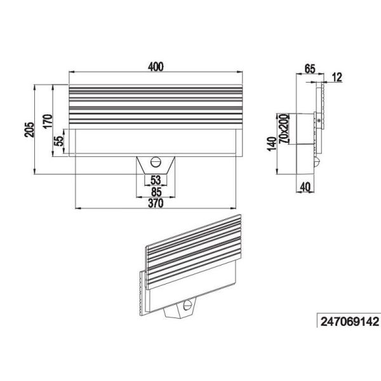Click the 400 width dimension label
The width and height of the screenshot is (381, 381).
(156, 66)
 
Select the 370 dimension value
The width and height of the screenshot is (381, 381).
(156, 203)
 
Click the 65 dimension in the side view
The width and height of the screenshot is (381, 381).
(310, 68)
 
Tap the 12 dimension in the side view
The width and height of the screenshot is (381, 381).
(337, 77)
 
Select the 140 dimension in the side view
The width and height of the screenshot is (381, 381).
(272, 145)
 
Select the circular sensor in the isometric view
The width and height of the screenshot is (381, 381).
(188, 305)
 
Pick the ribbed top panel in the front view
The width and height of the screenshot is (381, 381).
(156, 106)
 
